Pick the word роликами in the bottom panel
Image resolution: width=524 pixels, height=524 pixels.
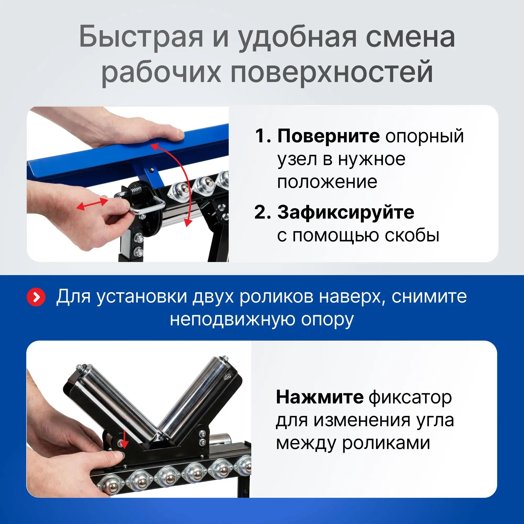click(386, 444)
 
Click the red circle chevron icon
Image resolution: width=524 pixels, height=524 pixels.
click(36, 297)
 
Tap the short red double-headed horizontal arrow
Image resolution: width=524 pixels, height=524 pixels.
click(92, 204)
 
